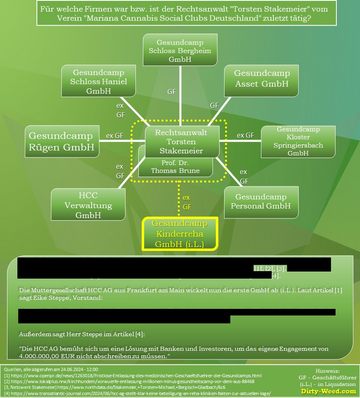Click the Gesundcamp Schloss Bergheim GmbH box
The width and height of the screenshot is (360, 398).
click(x=180, y=51)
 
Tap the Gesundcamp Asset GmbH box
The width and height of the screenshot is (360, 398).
click(x=261, y=78)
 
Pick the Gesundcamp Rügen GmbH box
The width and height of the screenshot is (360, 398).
click(x=62, y=141)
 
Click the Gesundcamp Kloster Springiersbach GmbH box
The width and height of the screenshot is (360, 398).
click(x=298, y=141)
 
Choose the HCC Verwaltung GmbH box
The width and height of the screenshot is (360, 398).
click(x=89, y=205)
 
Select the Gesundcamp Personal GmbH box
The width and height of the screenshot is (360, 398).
click(x=261, y=201)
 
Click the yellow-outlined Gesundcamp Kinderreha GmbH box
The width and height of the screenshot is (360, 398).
click(x=179, y=234)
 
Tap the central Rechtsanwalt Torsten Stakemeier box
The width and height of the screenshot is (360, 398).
click(x=181, y=142)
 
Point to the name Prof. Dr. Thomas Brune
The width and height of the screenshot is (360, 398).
click(x=175, y=167)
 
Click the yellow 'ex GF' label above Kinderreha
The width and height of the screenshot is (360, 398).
click(x=187, y=202)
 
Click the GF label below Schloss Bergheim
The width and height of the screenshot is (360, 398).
click(x=172, y=92)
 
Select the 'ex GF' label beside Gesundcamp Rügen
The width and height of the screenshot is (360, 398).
click(x=115, y=136)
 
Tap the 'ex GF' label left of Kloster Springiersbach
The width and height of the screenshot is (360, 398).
click(x=245, y=135)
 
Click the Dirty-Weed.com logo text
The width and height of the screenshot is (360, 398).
click(x=328, y=391)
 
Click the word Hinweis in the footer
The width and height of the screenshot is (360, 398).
click(x=327, y=371)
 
